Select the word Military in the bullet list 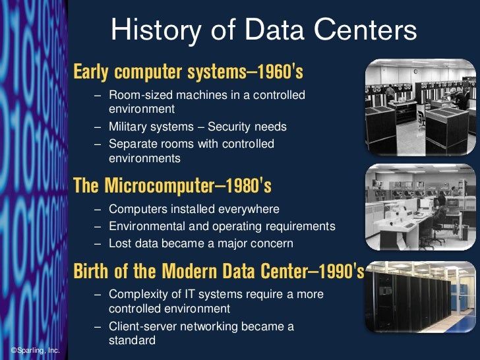(x=131, y=126)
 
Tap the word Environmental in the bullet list (x=147, y=226)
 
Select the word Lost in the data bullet (x=120, y=243)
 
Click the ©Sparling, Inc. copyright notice (x=35, y=351)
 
